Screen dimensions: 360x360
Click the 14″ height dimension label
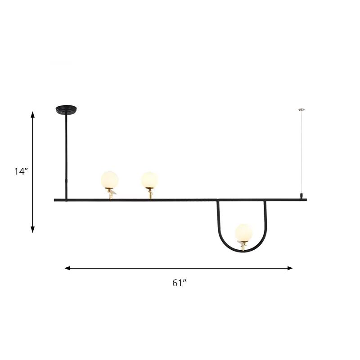(x=21, y=171)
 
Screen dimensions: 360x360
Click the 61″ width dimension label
(x=179, y=283)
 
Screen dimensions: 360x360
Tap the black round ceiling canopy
(x=66, y=109)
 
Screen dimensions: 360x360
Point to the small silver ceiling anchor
(x=301, y=110)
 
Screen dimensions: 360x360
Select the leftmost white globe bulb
(x=109, y=180)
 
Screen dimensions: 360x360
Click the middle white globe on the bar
(x=150, y=180)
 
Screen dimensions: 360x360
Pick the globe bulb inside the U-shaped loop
(x=243, y=233)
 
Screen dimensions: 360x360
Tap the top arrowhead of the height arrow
(x=32, y=115)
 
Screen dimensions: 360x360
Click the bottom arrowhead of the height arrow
(x=32, y=229)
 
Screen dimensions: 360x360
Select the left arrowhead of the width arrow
(x=67, y=268)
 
